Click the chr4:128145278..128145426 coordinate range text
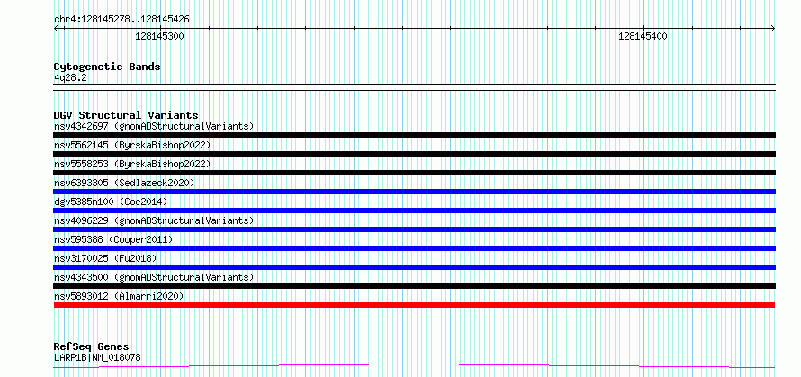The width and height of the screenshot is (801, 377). [x=121, y=20]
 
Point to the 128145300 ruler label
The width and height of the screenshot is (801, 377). [x=160, y=36]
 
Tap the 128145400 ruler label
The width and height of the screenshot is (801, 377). [x=643, y=36]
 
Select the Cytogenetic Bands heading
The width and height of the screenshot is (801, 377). [x=107, y=67]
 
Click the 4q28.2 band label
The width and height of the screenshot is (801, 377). [x=70, y=77]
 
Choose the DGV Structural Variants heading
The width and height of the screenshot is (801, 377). [x=126, y=115]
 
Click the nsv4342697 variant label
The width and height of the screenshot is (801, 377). [x=81, y=126]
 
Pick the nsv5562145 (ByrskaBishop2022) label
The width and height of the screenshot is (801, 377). [x=132, y=145]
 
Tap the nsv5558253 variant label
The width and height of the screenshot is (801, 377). [x=81, y=164]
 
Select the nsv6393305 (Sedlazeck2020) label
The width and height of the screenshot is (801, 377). [x=124, y=183]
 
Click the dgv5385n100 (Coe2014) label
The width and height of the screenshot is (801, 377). [x=111, y=202]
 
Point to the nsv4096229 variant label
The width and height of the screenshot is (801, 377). [x=81, y=220]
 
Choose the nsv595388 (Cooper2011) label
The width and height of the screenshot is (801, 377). [x=113, y=239]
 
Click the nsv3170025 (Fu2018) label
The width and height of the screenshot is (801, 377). [x=105, y=258]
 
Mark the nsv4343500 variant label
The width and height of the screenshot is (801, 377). [x=81, y=277]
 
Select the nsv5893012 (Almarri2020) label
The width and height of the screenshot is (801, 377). [x=119, y=296]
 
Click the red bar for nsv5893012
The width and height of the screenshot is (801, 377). [x=414, y=305]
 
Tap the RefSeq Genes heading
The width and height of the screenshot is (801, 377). [x=91, y=347]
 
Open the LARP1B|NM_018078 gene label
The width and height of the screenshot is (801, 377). [x=97, y=357]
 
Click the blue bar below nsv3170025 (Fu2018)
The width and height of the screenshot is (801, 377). [x=414, y=267]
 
